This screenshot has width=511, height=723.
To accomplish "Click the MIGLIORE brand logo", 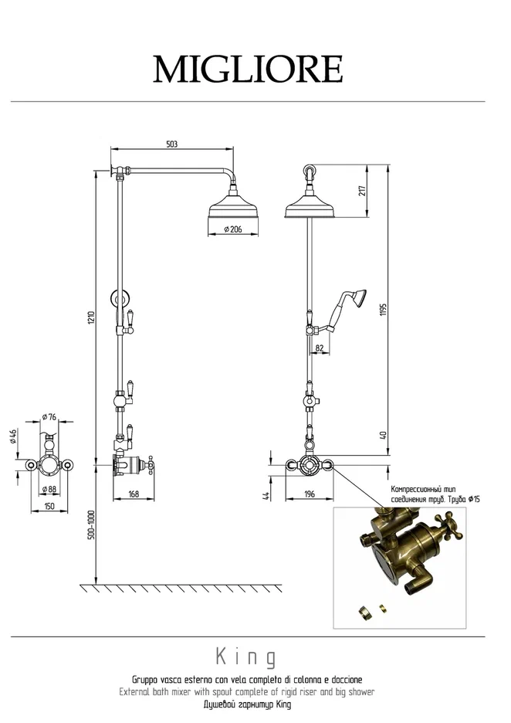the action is [248, 69].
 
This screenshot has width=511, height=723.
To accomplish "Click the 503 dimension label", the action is [171, 144].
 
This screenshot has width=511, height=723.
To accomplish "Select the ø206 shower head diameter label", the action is [233, 229].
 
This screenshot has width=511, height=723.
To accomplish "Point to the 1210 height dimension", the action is [92, 317].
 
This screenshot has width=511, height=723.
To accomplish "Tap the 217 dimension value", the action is [362, 191].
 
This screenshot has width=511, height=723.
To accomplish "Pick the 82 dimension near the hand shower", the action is [320, 348].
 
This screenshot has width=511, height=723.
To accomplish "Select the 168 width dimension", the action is [134, 494].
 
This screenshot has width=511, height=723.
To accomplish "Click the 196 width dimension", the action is [310, 494].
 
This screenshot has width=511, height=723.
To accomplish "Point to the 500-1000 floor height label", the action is [92, 524].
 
